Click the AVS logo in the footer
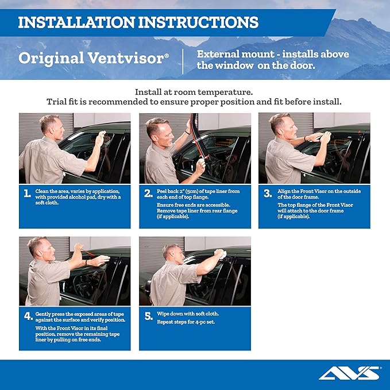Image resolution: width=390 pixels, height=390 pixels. pyautogui.click(x=349, y=373)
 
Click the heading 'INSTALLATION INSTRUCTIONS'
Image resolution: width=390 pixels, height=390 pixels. pyautogui.click(x=138, y=22)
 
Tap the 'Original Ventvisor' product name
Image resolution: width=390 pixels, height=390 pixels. pyautogui.click(x=94, y=59)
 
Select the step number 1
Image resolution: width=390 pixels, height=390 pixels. pyautogui.click(x=28, y=194)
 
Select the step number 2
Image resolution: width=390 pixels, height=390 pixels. pyautogui.click(x=148, y=194)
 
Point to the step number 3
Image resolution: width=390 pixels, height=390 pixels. pyautogui.click(x=268, y=194)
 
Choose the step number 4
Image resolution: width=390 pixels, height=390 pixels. pyautogui.click(x=28, y=316)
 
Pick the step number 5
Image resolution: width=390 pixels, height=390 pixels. pyautogui.click(x=148, y=316)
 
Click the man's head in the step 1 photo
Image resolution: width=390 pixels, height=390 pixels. pyautogui.click(x=48, y=125)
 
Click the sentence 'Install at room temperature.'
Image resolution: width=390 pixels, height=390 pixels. pyautogui.click(x=194, y=92)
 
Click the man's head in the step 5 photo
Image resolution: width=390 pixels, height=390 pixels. pyautogui.click(x=171, y=252)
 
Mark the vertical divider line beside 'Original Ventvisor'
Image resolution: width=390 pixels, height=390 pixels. pyautogui.click(x=183, y=60)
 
